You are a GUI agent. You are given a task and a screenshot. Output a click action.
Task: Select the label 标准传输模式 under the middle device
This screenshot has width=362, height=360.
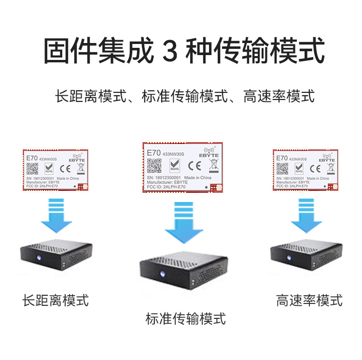[x=186, y=319]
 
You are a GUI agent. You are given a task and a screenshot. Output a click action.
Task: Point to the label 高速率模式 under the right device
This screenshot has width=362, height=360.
[x=309, y=300]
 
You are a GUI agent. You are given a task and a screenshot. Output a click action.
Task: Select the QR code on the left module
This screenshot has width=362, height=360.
[x=32, y=169]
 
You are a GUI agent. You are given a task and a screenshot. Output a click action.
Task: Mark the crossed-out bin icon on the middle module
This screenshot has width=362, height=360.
[x=213, y=167]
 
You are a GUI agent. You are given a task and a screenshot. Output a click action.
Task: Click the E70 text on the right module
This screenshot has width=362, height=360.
[x=282, y=158]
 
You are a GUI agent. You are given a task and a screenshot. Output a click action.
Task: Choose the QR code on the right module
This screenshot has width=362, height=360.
[x=282, y=169]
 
